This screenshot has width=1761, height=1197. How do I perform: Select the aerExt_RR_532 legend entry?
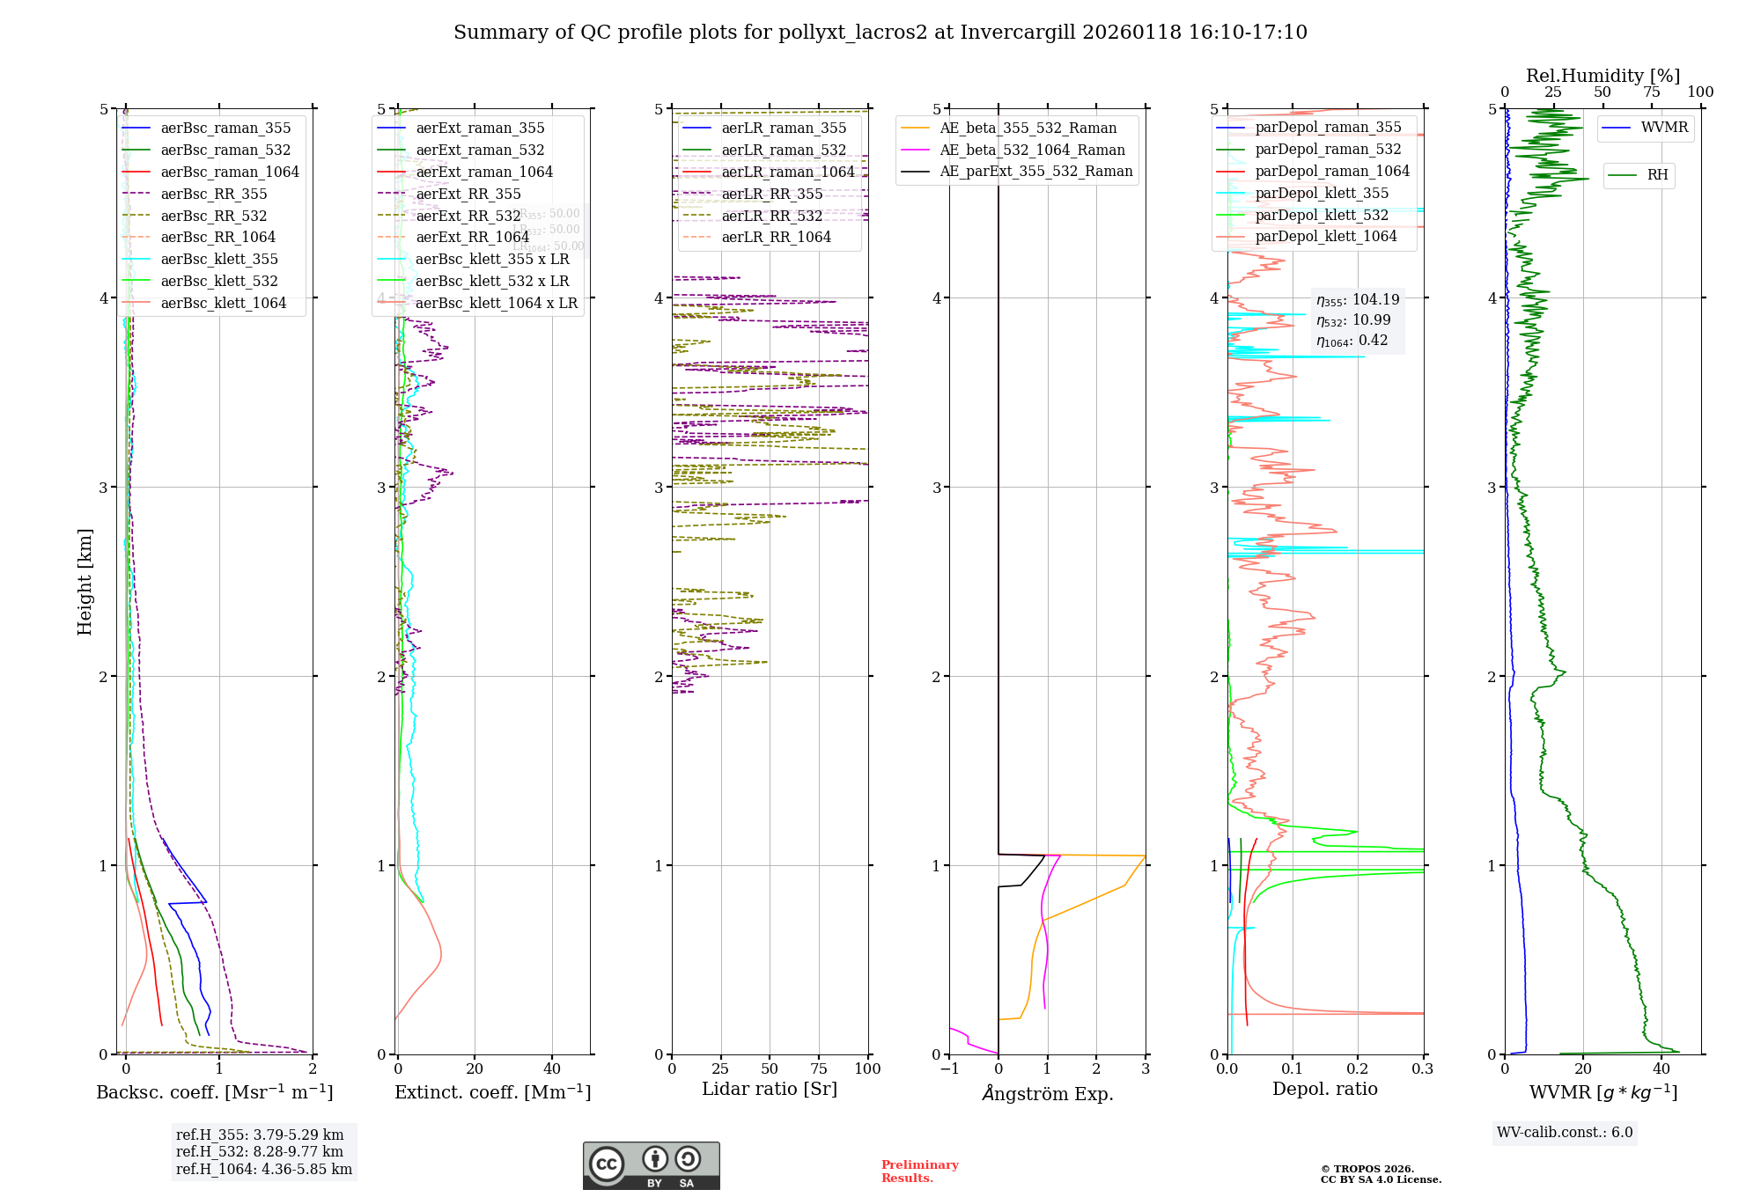[x=468, y=216]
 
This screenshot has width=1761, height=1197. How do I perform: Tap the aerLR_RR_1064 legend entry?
[x=776, y=238]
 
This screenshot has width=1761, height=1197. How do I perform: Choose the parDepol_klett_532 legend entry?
[x=1321, y=215]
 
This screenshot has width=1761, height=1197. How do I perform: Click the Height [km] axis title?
[x=85, y=582]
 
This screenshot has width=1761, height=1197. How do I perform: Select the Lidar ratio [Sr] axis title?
[x=769, y=1090]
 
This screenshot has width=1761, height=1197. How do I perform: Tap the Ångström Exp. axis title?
[x=1047, y=1094]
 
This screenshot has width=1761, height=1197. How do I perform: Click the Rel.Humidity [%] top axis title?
[x=1603, y=76]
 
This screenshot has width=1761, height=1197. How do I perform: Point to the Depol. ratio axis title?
[x=1324, y=1090]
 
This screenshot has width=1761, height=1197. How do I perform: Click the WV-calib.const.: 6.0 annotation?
[x=1565, y=1133]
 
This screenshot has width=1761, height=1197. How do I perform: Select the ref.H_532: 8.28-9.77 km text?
[x=260, y=1152]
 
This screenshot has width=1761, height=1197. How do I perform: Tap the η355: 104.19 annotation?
[x=1357, y=300]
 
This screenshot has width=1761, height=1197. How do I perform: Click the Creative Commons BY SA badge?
[x=651, y=1165]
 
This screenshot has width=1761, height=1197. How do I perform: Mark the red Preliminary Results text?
[x=919, y=1171]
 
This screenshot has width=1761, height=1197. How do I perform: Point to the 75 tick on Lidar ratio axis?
[x=819, y=1069]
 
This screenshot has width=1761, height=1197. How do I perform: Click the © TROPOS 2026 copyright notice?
[x=1367, y=1169]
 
